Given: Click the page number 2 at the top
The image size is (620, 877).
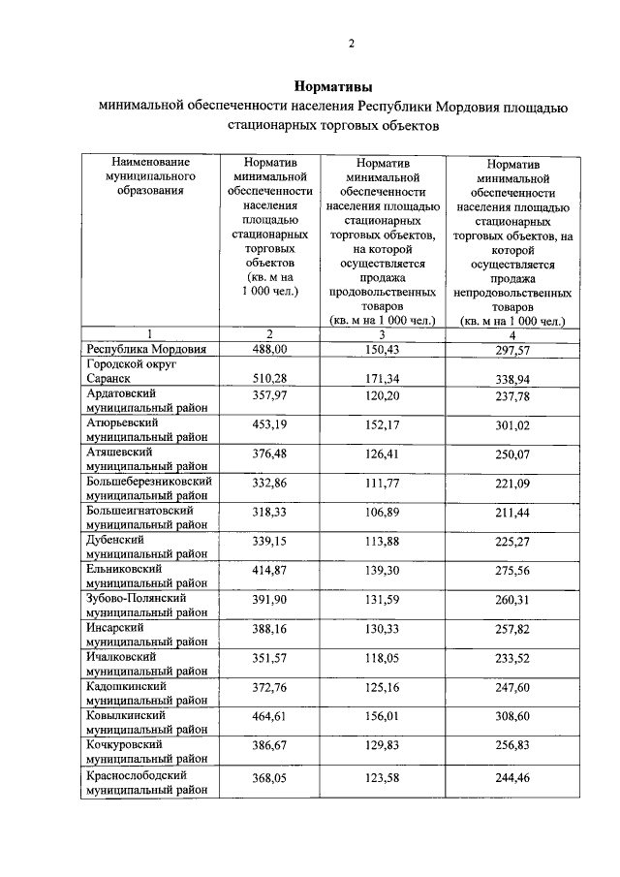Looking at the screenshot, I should [352, 43].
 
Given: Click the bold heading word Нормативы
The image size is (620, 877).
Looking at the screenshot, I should [333, 86].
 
